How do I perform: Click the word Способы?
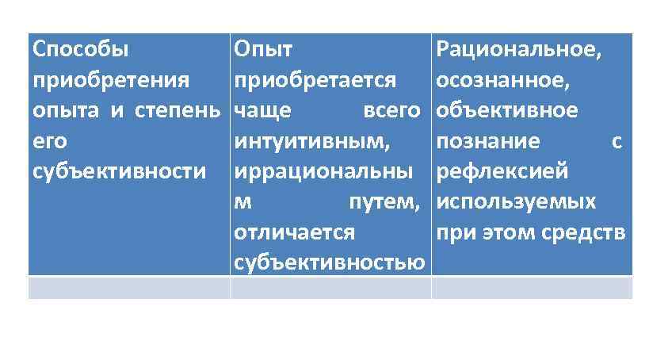pos(80,50)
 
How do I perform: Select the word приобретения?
pos(111,80)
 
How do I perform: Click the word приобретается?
pos(315,80)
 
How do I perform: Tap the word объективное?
pos(507,110)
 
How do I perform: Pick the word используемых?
pos(516,201)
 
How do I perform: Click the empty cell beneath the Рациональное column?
pos(532,288)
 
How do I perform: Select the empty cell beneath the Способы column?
pos(128,288)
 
